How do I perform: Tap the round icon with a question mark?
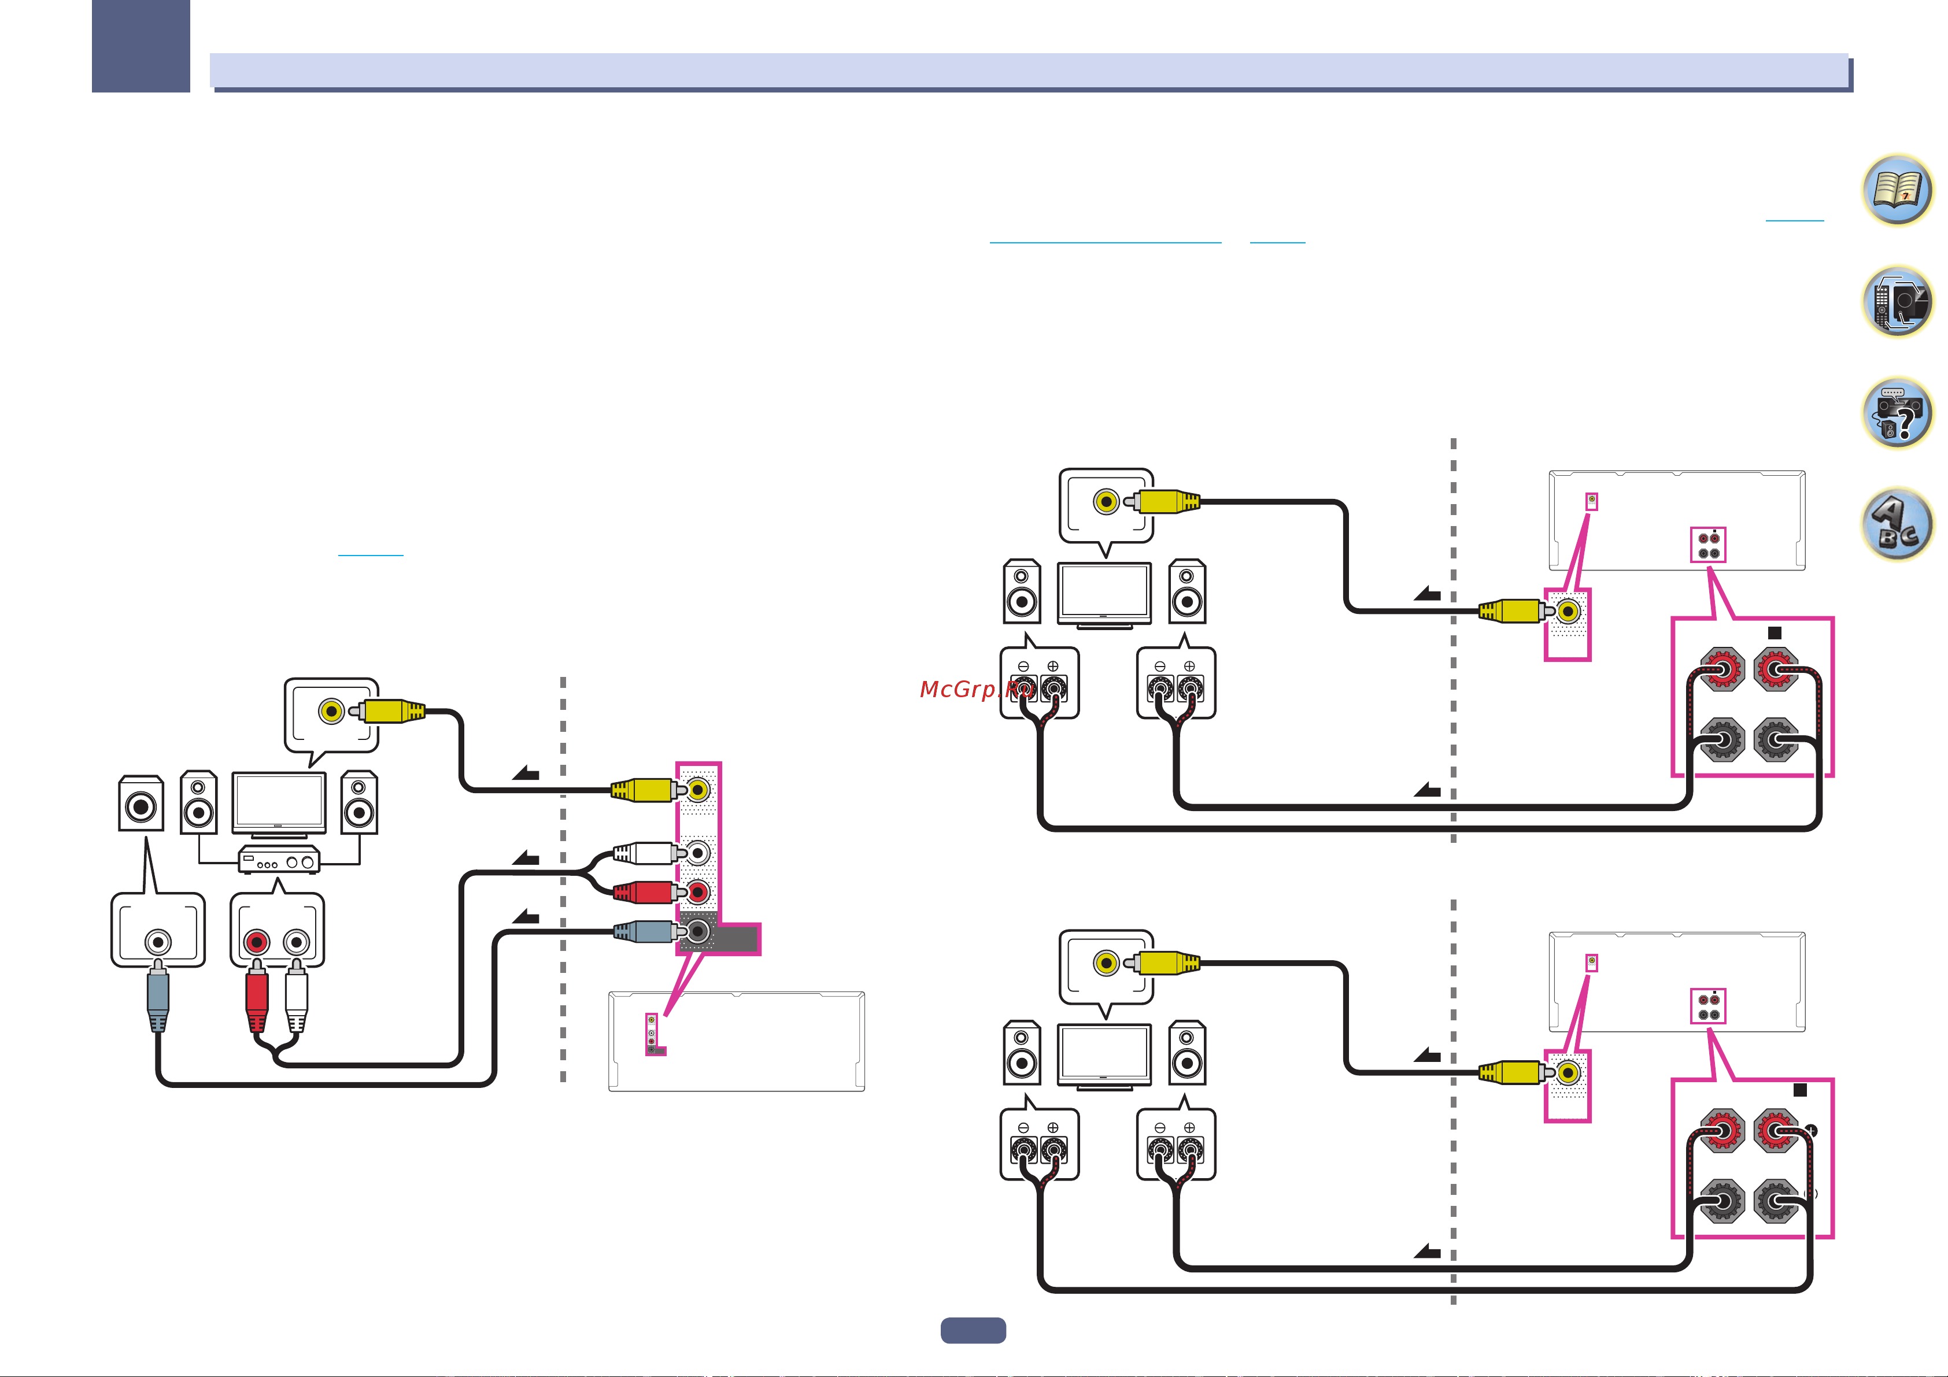1897,413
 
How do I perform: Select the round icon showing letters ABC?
1897,524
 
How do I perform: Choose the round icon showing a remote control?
1897,301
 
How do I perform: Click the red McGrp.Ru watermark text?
975,689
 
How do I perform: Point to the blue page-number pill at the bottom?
973,1330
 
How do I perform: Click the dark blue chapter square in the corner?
141,46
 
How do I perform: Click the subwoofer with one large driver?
141,804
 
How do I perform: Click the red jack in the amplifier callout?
256,942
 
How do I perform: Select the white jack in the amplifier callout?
296,942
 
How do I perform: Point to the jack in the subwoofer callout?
158,942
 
